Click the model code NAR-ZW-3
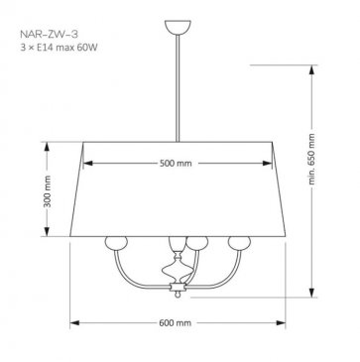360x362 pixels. coord(50,34)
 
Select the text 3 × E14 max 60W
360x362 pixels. coord(59,48)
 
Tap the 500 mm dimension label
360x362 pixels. coord(176,164)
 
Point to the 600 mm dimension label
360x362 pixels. coord(176,323)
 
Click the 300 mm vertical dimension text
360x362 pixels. coord(47,191)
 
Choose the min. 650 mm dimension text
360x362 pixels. coord(311,160)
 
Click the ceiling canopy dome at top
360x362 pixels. coord(178,27)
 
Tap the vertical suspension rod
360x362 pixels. coord(178,88)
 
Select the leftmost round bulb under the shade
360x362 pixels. coord(116,243)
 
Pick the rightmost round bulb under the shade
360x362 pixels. coord(239,243)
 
